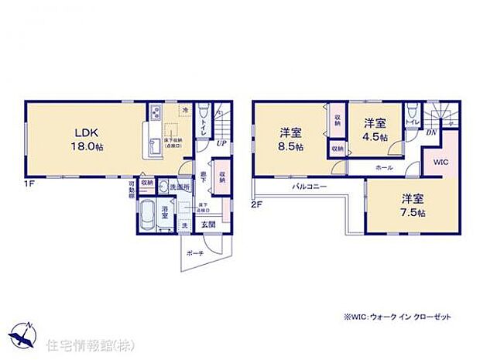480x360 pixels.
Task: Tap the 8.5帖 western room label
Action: [x=291, y=138]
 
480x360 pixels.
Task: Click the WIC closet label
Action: [x=440, y=163]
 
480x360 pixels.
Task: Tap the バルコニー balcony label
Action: [x=308, y=187]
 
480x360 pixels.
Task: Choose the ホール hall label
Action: [x=383, y=167]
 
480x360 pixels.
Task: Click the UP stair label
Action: [x=221, y=143]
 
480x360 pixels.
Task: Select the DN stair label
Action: [x=431, y=132]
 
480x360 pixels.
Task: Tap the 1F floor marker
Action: [x=29, y=183]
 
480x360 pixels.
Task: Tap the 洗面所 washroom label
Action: [x=180, y=187]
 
